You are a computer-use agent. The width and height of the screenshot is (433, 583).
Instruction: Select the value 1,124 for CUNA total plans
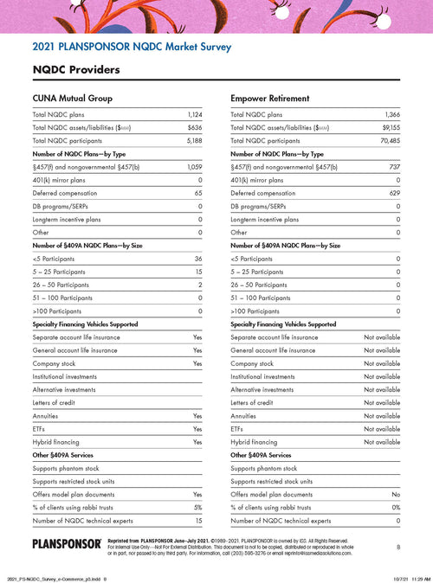point(194,114)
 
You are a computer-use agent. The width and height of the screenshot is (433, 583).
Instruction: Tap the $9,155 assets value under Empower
point(391,127)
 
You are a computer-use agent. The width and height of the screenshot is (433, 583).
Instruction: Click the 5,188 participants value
point(194,140)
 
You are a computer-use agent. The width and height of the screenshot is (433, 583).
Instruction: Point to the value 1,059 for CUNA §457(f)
point(194,166)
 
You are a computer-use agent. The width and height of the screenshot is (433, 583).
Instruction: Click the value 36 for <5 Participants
point(198,259)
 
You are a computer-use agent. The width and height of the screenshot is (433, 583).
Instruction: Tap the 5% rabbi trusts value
point(197,507)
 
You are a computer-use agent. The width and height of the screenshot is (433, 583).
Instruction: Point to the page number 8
point(397,547)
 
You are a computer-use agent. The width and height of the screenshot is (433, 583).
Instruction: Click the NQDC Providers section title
point(76,68)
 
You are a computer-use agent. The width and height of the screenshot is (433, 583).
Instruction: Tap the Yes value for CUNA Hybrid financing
point(197,441)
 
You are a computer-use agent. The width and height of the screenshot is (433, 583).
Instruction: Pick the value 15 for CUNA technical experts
point(198,521)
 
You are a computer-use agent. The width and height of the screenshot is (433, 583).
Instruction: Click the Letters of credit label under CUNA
point(56,402)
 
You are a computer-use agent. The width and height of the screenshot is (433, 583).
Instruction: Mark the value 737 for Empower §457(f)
point(394,166)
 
